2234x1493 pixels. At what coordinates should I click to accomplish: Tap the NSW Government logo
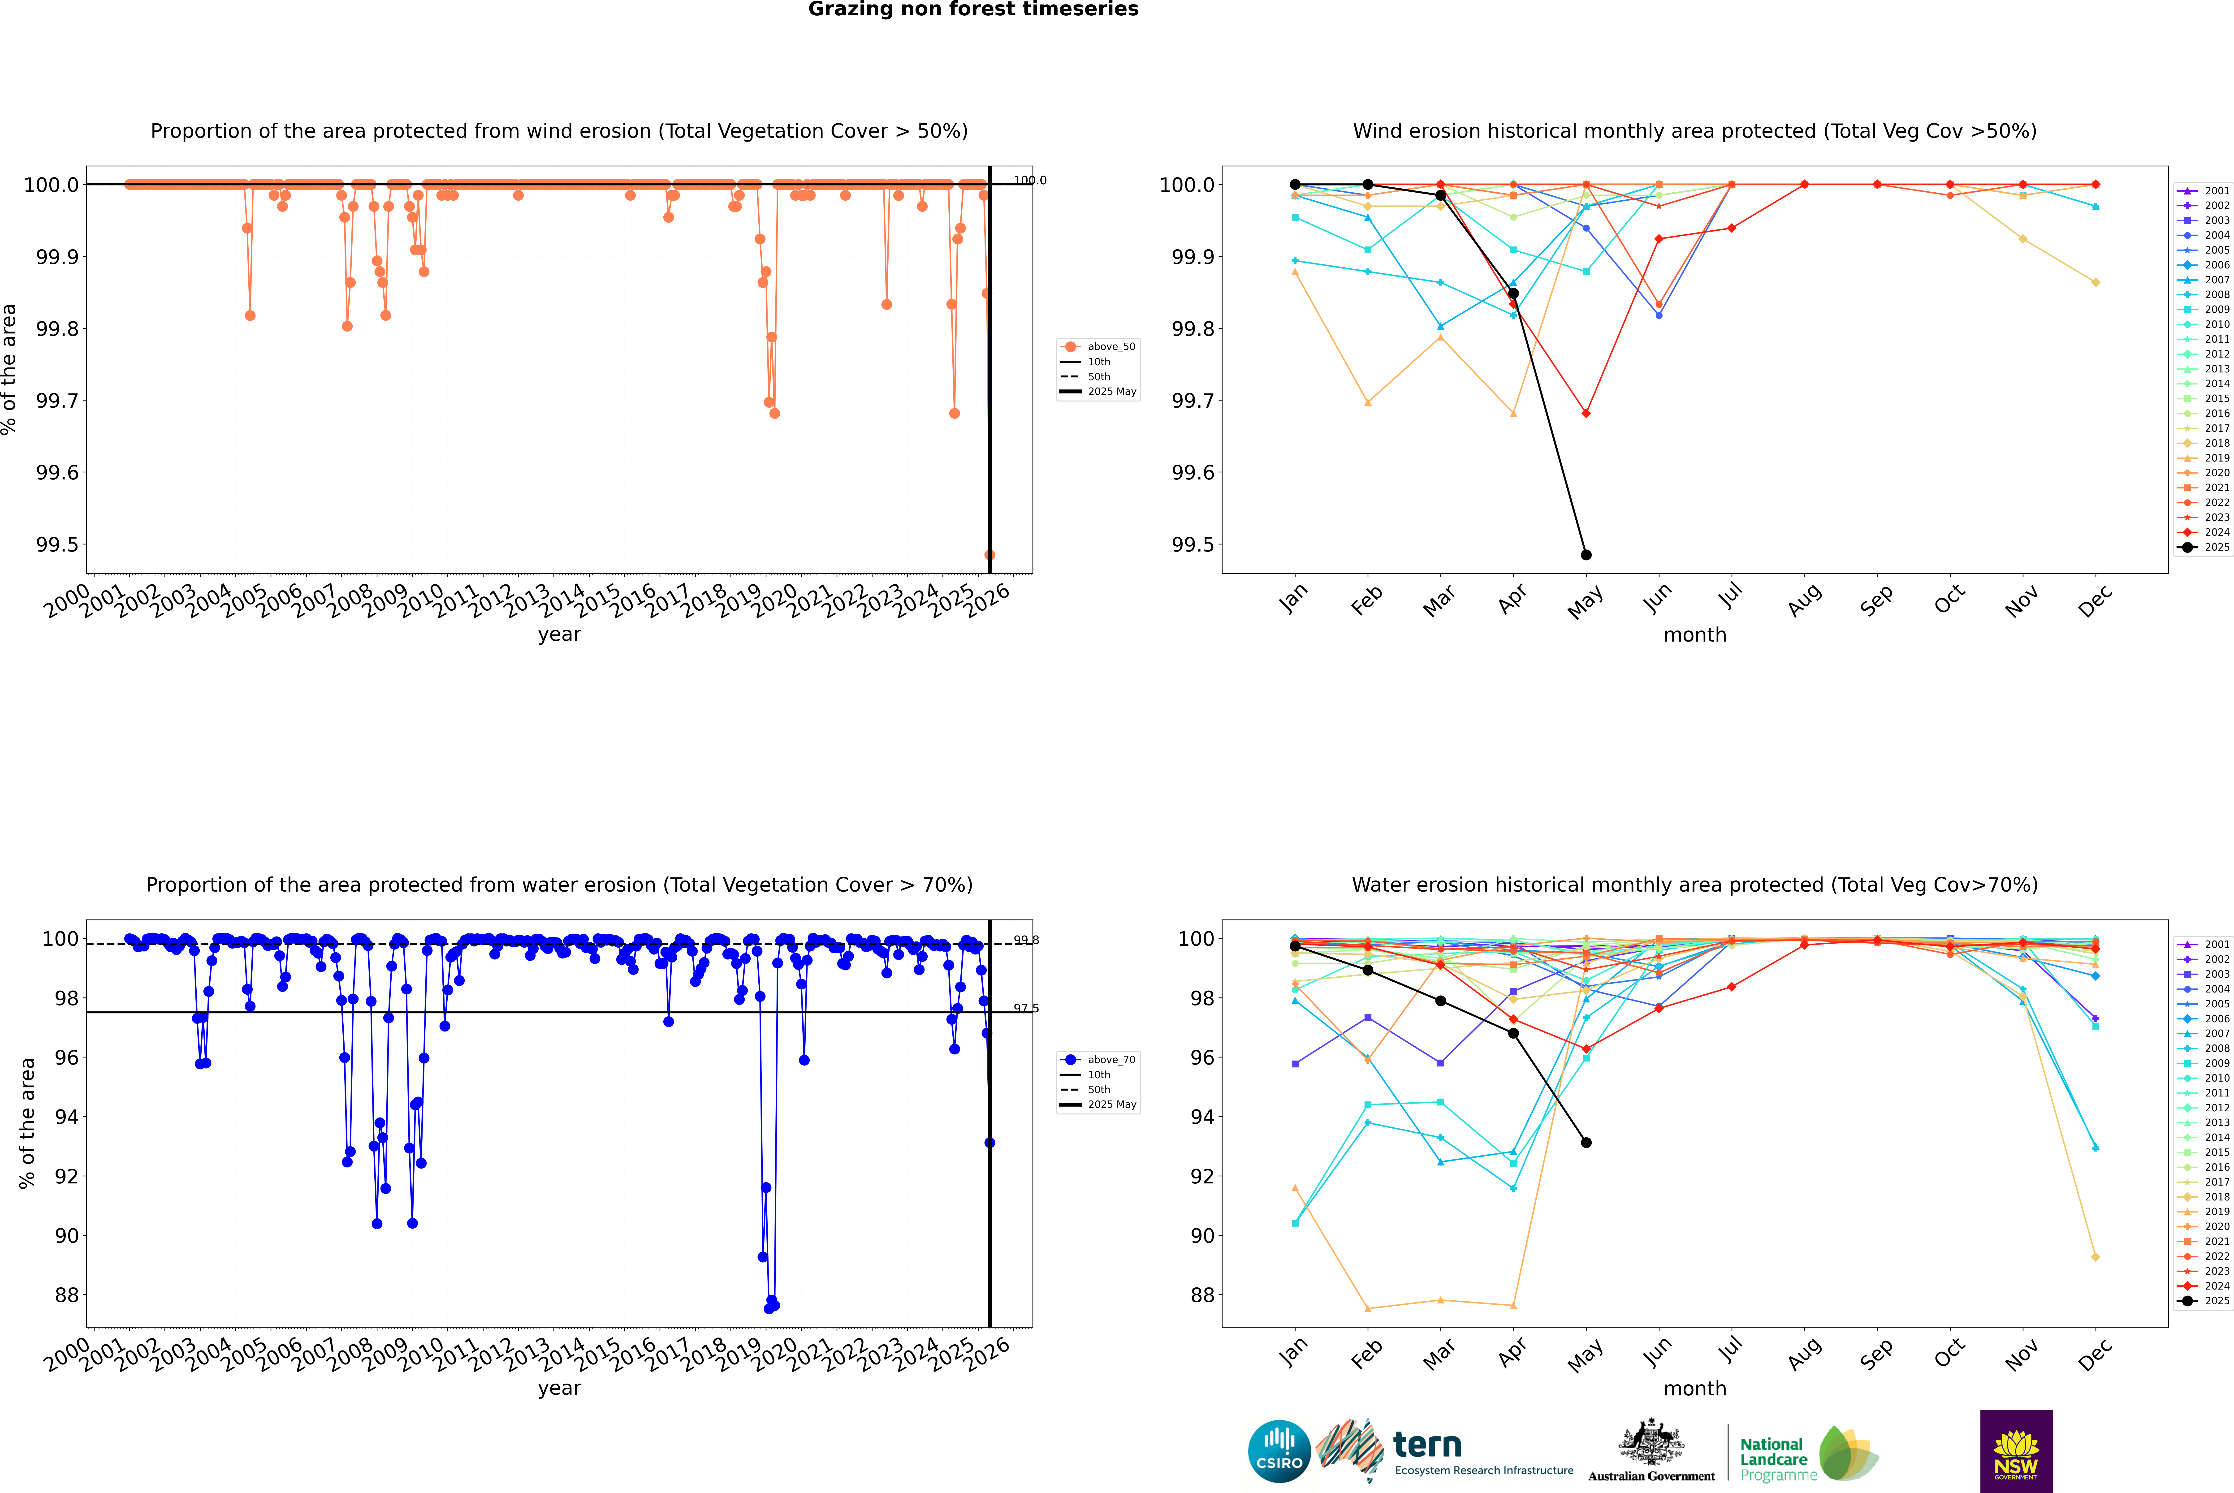pyautogui.click(x=2016, y=1450)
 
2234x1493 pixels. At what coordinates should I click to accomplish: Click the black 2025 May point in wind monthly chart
pyautogui.click(x=1586, y=555)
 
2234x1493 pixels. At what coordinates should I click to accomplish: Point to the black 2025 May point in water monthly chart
pyautogui.click(x=1586, y=1143)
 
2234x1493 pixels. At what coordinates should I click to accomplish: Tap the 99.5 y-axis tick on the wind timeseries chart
pyautogui.click(x=57, y=545)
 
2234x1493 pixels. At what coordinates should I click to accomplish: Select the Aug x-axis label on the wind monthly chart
pyautogui.click(x=1805, y=600)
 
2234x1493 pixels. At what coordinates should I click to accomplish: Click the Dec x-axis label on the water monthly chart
pyautogui.click(x=2095, y=1354)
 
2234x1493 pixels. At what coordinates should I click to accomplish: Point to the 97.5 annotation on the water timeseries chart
pyautogui.click(x=1026, y=1008)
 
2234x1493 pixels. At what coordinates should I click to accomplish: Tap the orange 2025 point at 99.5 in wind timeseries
pyautogui.click(x=990, y=555)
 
